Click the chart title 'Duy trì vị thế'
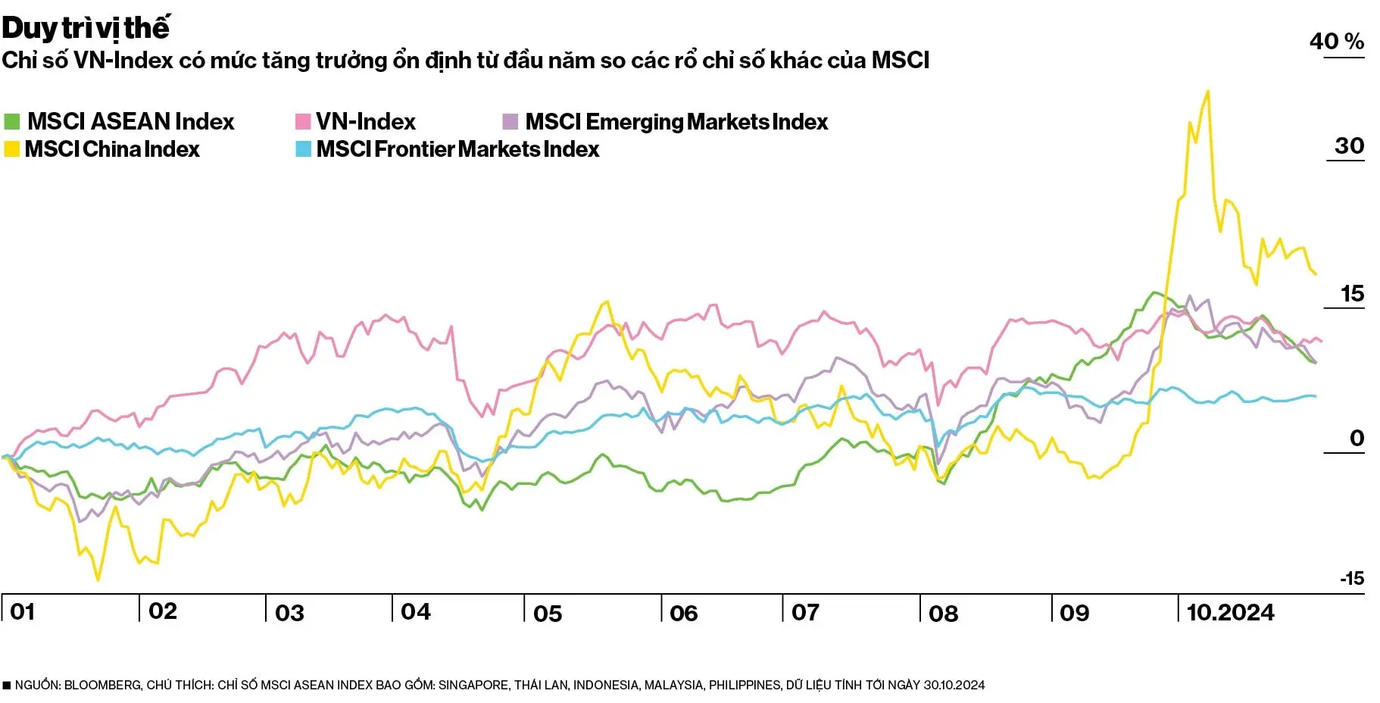(85, 29)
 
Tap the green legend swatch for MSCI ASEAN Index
(11, 121)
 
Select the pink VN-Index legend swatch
(303, 121)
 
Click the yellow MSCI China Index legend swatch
(11, 149)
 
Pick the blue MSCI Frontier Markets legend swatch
(303, 149)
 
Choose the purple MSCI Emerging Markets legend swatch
(510, 121)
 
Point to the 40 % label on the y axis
(1336, 41)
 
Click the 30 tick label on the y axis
(1349, 145)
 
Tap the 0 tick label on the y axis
(1357, 438)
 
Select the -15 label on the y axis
(1352, 579)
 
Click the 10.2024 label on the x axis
(1230, 612)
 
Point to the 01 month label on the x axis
(23, 612)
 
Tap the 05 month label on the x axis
(548, 613)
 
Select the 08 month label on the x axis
(943, 613)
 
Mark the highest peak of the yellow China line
(1207, 92)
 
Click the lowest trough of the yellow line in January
(98, 580)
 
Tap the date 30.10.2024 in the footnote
(954, 685)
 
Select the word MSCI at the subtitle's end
(900, 60)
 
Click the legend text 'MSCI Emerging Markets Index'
(676, 121)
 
